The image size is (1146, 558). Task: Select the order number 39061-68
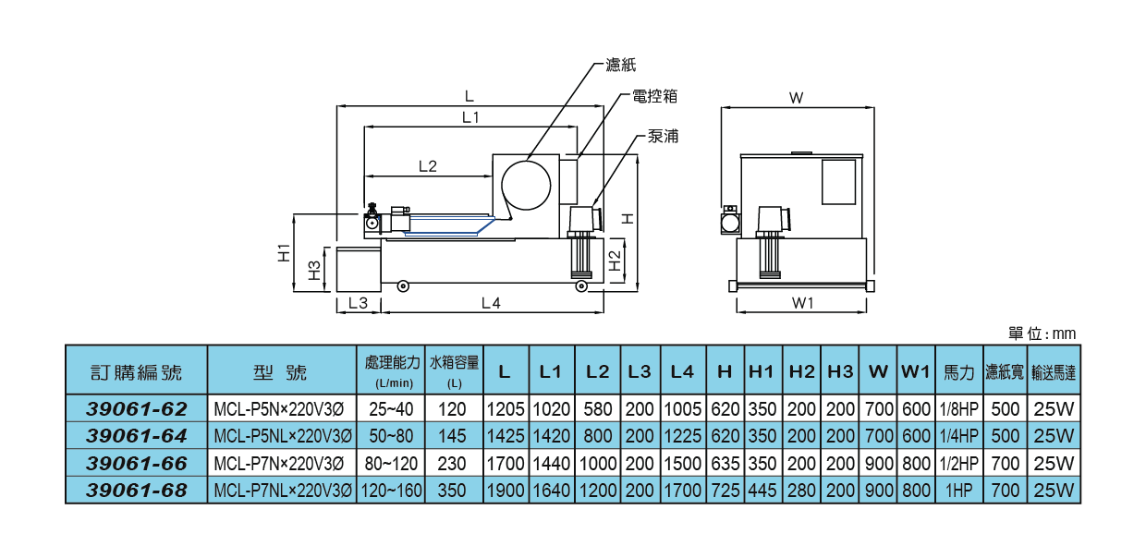tap(136, 491)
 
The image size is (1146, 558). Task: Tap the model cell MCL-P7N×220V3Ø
tap(282, 464)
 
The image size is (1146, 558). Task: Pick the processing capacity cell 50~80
tap(391, 436)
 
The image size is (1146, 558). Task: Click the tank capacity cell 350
tap(454, 491)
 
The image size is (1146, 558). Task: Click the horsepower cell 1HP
tap(958, 491)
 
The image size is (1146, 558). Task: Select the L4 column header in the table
tap(682, 371)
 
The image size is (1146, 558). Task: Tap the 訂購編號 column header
tap(136, 372)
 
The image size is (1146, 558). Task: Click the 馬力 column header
tap(958, 372)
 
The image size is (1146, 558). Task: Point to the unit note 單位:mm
tap(1042, 334)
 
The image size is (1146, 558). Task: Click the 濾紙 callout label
tap(621, 65)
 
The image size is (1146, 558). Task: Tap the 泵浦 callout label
tap(664, 137)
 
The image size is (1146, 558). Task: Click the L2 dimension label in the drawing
tap(427, 166)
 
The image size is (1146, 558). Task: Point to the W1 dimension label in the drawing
tap(802, 304)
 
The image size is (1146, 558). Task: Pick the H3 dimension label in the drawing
tap(314, 270)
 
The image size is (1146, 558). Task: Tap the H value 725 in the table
tap(725, 491)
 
